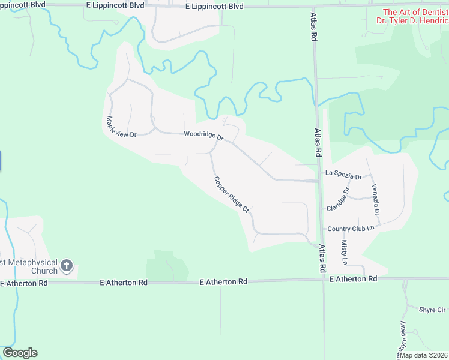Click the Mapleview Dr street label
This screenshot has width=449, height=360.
(x=121, y=126)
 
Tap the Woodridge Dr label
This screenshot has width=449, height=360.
(x=203, y=135)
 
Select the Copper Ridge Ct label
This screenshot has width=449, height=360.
(x=231, y=194)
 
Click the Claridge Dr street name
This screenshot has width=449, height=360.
(x=337, y=200)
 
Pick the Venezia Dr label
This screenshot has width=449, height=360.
(x=375, y=199)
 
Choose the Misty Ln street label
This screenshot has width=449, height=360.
(x=345, y=252)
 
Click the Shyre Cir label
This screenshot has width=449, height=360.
(x=432, y=310)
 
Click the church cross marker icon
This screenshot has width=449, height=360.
(x=67, y=265)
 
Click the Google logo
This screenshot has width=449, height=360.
(x=20, y=353)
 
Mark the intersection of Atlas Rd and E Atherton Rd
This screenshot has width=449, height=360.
(x=324, y=279)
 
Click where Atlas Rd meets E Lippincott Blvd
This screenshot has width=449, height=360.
(x=312, y=5)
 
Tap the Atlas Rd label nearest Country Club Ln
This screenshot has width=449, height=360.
(x=322, y=258)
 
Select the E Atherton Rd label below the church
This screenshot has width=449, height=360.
(x=23, y=283)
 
